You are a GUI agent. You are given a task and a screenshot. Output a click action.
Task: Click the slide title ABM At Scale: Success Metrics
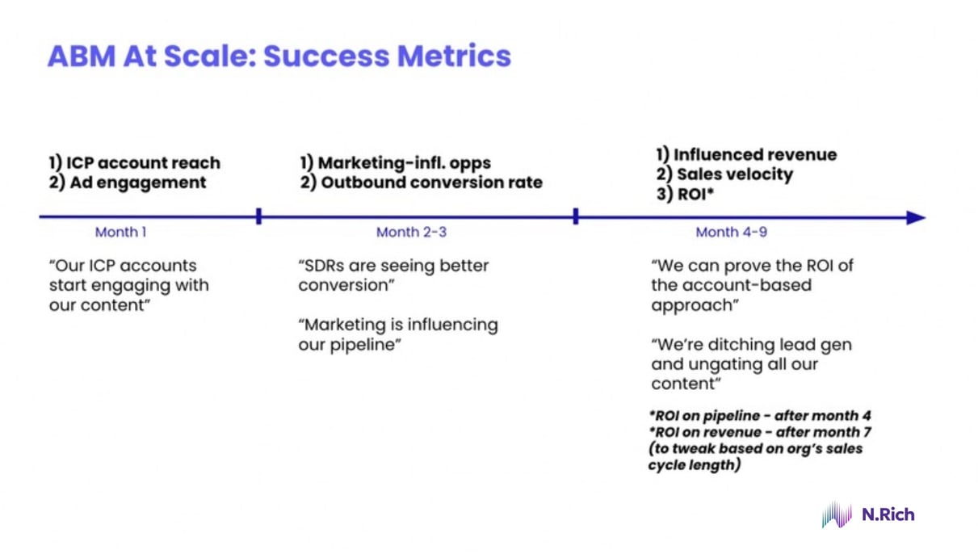pos(279,57)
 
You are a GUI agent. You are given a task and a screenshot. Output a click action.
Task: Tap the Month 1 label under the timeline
pos(121,233)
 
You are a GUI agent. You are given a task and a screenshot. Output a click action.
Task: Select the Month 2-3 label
pos(411,233)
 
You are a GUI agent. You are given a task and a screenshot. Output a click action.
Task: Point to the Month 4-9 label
pos(731,233)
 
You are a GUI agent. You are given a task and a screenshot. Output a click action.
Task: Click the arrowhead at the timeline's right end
pos(916,217)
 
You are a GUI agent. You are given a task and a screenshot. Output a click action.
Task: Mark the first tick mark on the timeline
pos(258,216)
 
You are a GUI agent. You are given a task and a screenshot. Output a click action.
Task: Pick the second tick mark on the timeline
pos(576,216)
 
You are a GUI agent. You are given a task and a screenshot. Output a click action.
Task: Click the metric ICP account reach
pos(134,163)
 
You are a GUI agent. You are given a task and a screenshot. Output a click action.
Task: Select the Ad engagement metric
pos(128,183)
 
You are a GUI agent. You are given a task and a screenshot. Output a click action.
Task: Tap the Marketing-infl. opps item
pos(395,163)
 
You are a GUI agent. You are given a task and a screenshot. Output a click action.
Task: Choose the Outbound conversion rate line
pos(421,183)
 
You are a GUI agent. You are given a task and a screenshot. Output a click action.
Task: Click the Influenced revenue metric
pos(746,154)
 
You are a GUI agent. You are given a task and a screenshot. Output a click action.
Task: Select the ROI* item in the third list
pos(686,194)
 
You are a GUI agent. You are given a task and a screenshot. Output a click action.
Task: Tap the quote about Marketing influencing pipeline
pos(398,334)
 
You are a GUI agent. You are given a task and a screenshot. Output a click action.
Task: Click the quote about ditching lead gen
pos(751,363)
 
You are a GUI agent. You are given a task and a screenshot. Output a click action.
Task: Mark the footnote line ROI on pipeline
pos(759,416)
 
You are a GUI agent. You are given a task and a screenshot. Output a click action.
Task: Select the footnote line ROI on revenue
pos(759,432)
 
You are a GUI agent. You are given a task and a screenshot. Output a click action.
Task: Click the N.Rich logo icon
pos(837,514)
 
